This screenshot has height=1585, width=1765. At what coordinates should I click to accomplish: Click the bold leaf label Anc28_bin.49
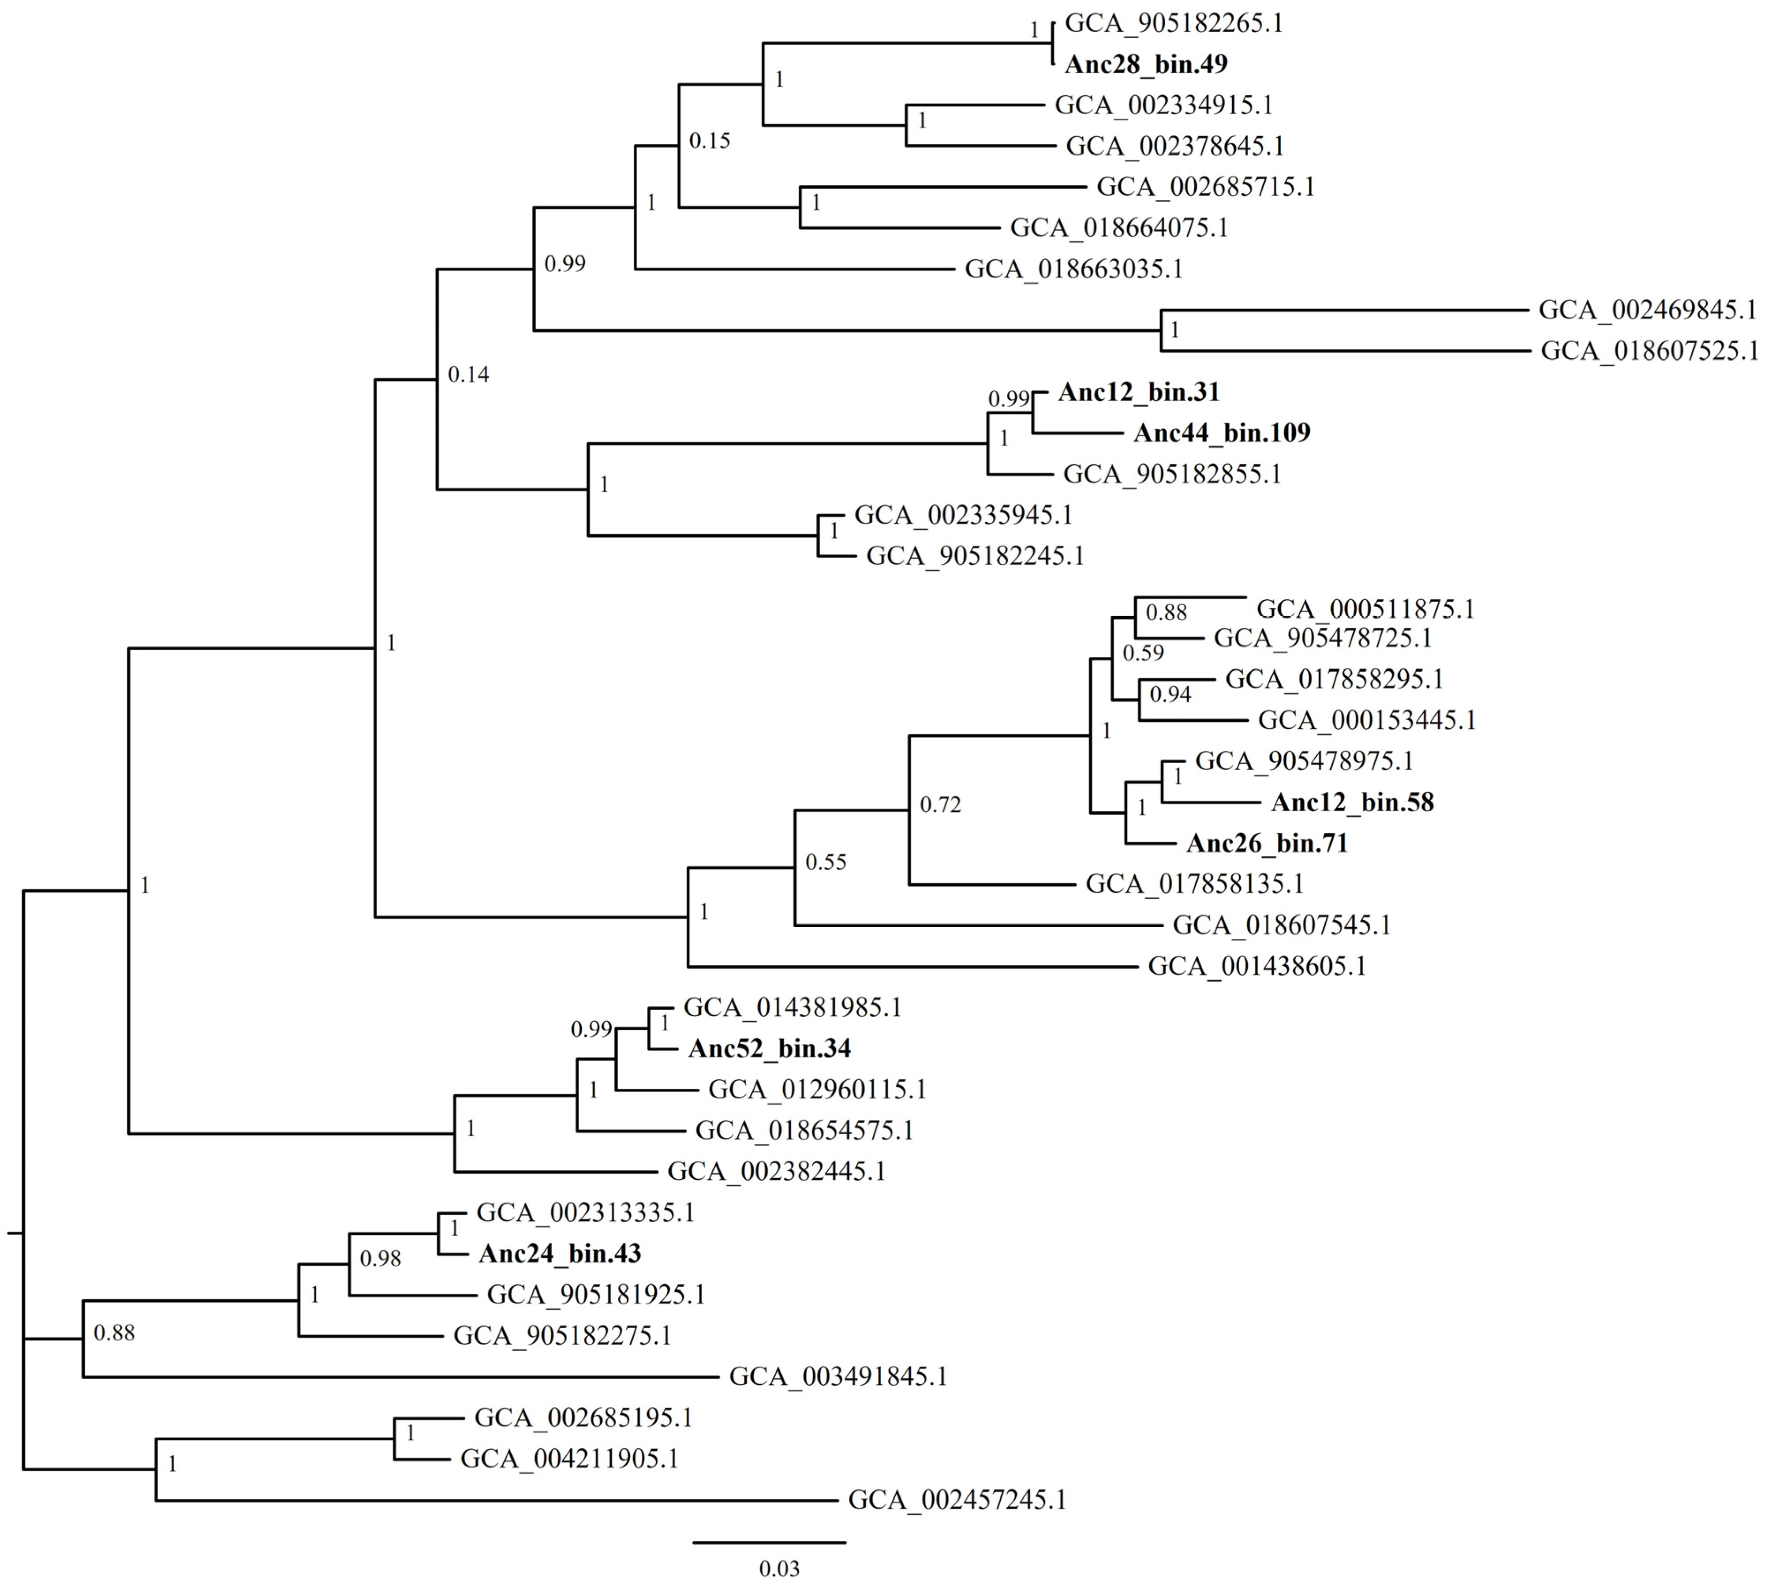tap(1146, 64)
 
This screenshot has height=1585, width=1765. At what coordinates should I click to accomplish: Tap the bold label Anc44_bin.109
tap(1222, 433)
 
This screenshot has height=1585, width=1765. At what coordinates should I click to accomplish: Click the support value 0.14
tap(468, 375)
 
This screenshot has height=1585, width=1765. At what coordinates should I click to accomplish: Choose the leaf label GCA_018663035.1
tap(1073, 269)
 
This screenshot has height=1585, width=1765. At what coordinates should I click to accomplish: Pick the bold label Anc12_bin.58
tap(1352, 802)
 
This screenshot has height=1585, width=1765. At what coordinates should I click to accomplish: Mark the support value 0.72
tap(940, 805)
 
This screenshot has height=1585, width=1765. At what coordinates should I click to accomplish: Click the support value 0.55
tap(826, 862)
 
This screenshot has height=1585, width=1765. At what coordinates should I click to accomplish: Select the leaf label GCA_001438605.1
tap(1256, 966)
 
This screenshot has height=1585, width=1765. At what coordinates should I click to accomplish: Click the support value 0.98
tap(381, 1259)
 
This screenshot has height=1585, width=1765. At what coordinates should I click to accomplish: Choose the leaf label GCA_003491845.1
tap(838, 1377)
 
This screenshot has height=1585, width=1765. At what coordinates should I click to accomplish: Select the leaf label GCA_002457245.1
tap(957, 1500)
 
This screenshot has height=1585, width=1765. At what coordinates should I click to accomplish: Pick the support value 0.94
tap(1170, 694)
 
